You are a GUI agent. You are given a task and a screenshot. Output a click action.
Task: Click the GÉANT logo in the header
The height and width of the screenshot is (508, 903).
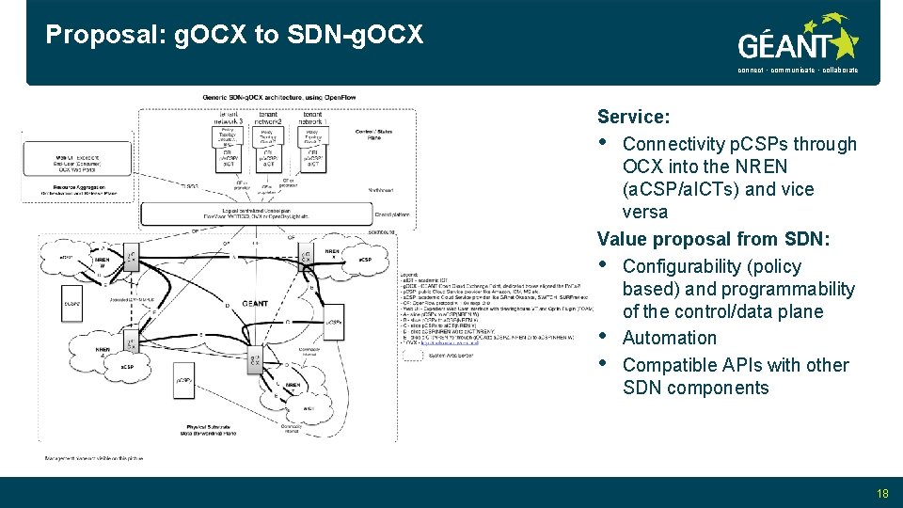tap(798, 42)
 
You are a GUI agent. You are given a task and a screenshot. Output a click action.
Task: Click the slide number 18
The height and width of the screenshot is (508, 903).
tap(881, 492)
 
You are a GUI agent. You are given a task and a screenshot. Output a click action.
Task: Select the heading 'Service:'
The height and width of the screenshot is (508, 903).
tap(633, 117)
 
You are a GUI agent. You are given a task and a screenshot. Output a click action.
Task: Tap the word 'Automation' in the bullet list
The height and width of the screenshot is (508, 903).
tap(669, 338)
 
